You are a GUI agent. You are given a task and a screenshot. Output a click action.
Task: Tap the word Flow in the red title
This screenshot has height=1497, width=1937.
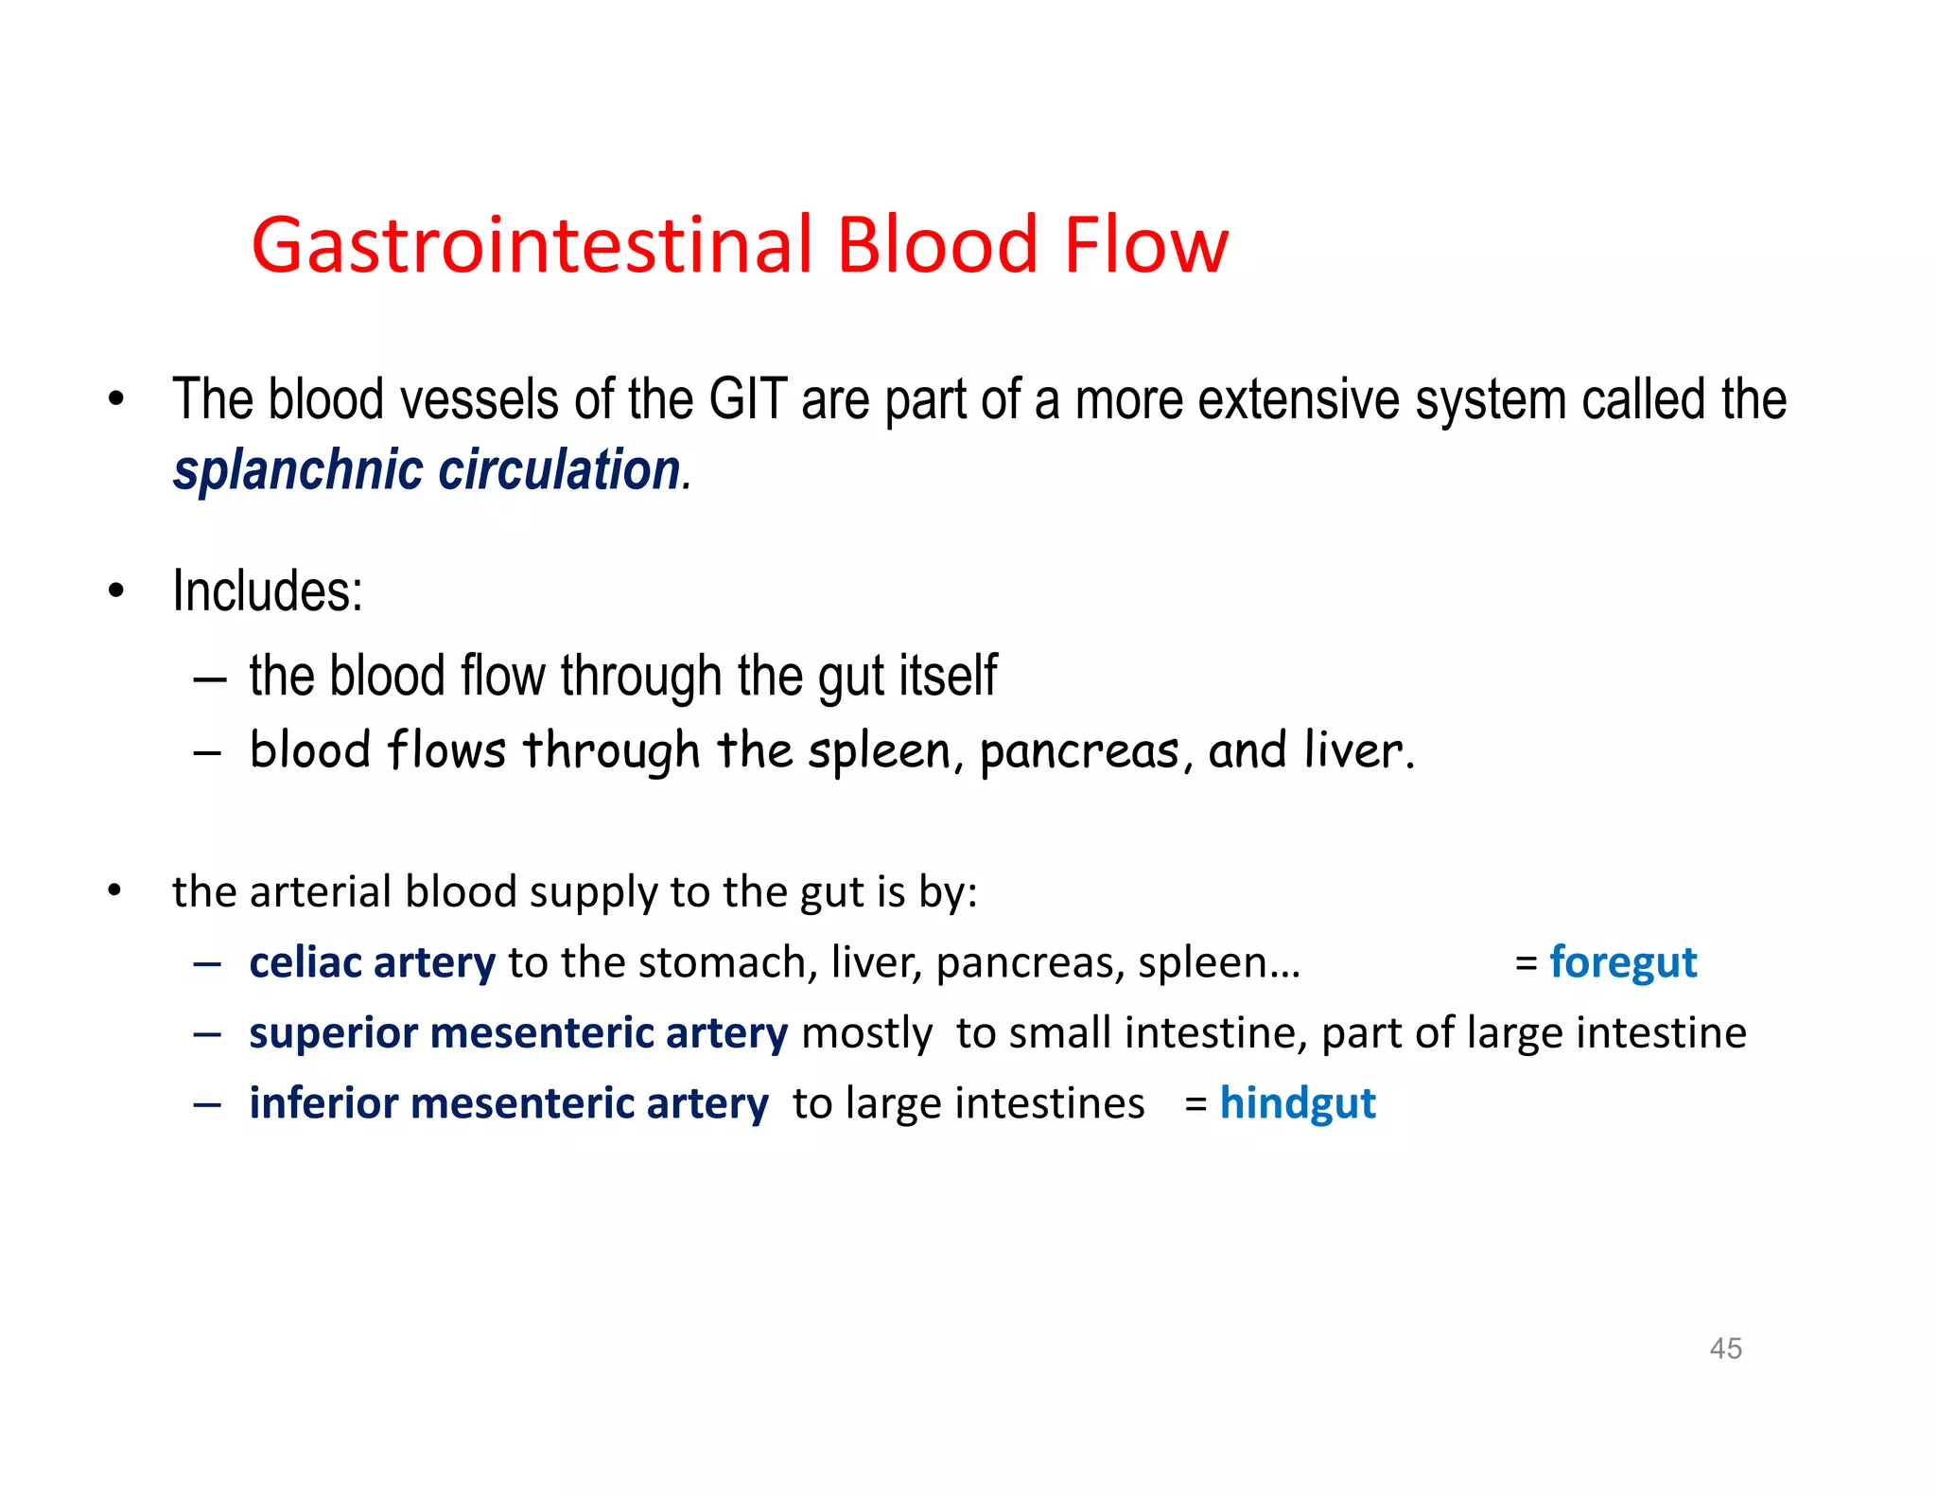pyautogui.click(x=1145, y=246)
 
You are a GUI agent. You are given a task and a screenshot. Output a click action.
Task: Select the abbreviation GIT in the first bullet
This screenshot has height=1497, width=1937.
pyautogui.click(x=747, y=399)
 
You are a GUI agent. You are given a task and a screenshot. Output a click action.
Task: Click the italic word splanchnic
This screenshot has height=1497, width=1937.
pyautogui.click(x=298, y=470)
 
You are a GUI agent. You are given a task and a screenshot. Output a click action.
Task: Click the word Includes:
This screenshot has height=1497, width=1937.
pyautogui.click(x=268, y=591)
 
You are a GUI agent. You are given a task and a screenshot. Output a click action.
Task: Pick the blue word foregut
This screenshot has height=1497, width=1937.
pyautogui.click(x=1623, y=962)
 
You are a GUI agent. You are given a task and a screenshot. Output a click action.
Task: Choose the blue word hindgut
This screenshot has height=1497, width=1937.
pyautogui.click(x=1298, y=1103)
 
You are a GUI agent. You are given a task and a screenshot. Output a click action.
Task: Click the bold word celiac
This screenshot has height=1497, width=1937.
pyautogui.click(x=305, y=962)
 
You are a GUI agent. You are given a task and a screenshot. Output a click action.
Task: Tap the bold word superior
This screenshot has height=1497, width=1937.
pyautogui.click(x=333, y=1032)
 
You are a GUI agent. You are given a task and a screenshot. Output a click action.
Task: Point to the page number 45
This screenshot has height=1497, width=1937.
pyautogui.click(x=1725, y=1348)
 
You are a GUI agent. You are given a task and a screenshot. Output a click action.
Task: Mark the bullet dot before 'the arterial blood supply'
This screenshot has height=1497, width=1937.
pyautogui.click(x=114, y=890)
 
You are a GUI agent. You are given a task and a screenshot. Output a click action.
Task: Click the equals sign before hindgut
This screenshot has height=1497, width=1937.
pyautogui.click(x=1195, y=1104)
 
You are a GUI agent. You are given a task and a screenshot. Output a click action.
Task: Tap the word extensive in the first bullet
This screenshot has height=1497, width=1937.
pyautogui.click(x=1300, y=399)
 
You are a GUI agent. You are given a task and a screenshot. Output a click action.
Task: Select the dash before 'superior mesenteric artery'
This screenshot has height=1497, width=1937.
pyautogui.click(x=207, y=1034)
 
